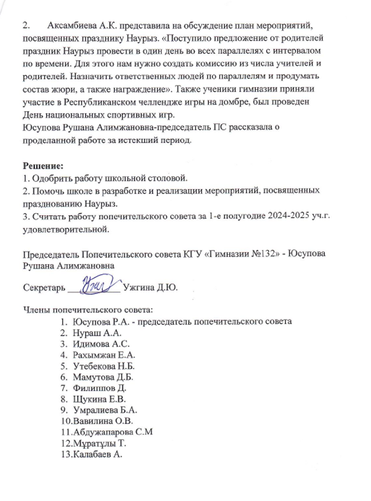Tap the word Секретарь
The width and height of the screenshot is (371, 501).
pos(43,288)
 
